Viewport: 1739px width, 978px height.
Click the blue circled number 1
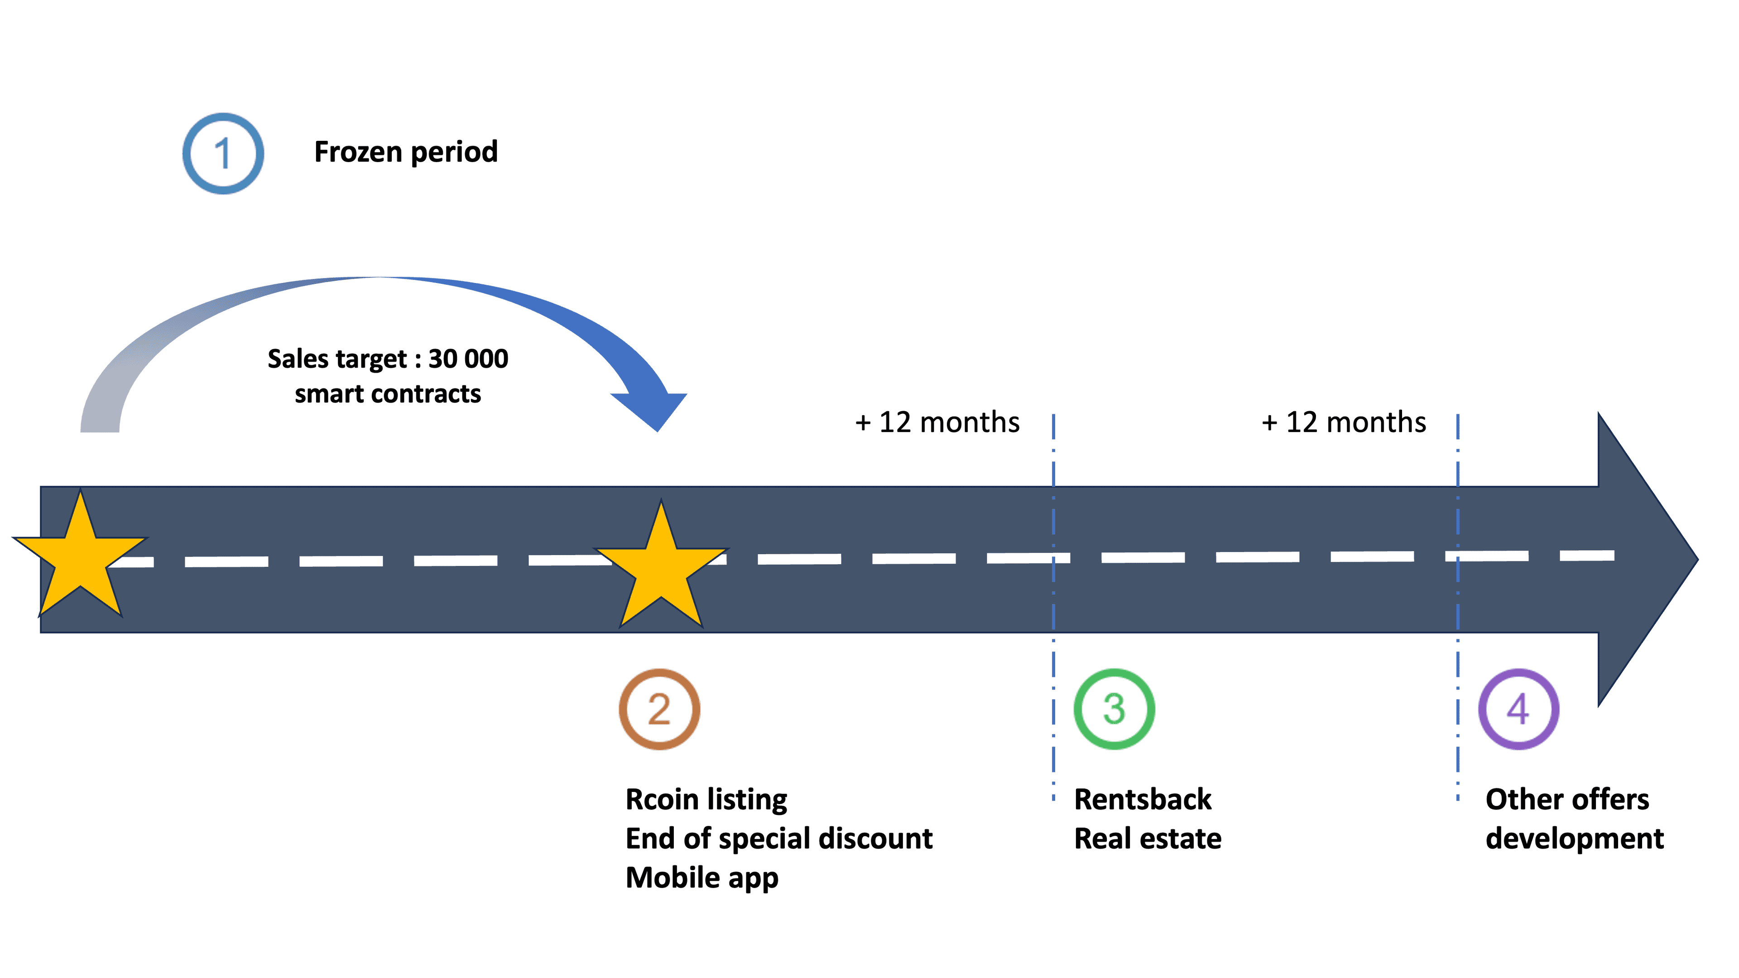pos(223,154)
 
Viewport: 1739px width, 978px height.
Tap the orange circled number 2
pos(659,710)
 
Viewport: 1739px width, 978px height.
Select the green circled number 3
pos(1114,710)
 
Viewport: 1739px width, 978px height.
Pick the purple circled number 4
pos(1518,710)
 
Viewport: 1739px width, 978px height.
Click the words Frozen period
pos(406,152)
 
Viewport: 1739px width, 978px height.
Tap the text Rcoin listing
pos(706,800)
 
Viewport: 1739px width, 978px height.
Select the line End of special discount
pos(778,839)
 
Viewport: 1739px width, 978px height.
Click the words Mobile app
pos(701,878)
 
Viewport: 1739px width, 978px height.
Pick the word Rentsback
pos(1142,800)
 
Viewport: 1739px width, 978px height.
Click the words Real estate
pos(1147,839)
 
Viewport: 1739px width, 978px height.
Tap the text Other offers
pos(1567,800)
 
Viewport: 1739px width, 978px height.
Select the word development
pos(1574,839)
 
